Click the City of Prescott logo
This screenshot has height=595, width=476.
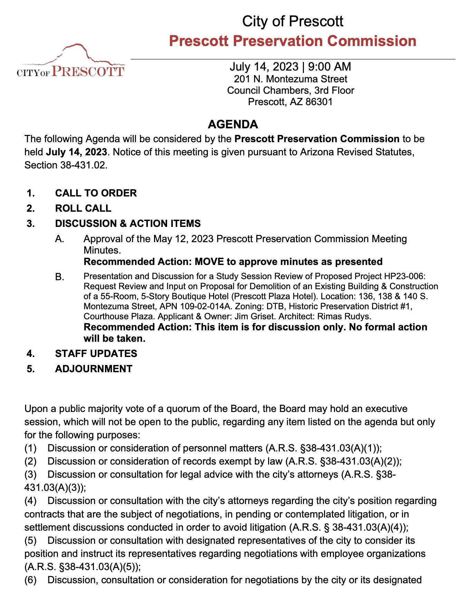71,62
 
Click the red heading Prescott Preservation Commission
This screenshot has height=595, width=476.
293,41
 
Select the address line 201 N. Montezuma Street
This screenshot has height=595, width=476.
291,79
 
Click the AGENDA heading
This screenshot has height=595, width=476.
233,124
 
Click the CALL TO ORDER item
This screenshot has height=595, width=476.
96,193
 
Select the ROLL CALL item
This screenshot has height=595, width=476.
83,208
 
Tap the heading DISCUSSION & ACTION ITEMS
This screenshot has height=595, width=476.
128,223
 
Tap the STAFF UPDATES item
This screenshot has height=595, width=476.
96,354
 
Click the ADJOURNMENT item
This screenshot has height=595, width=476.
94,369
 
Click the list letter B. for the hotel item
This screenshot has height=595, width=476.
60,277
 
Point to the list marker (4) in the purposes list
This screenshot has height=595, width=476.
30,501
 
